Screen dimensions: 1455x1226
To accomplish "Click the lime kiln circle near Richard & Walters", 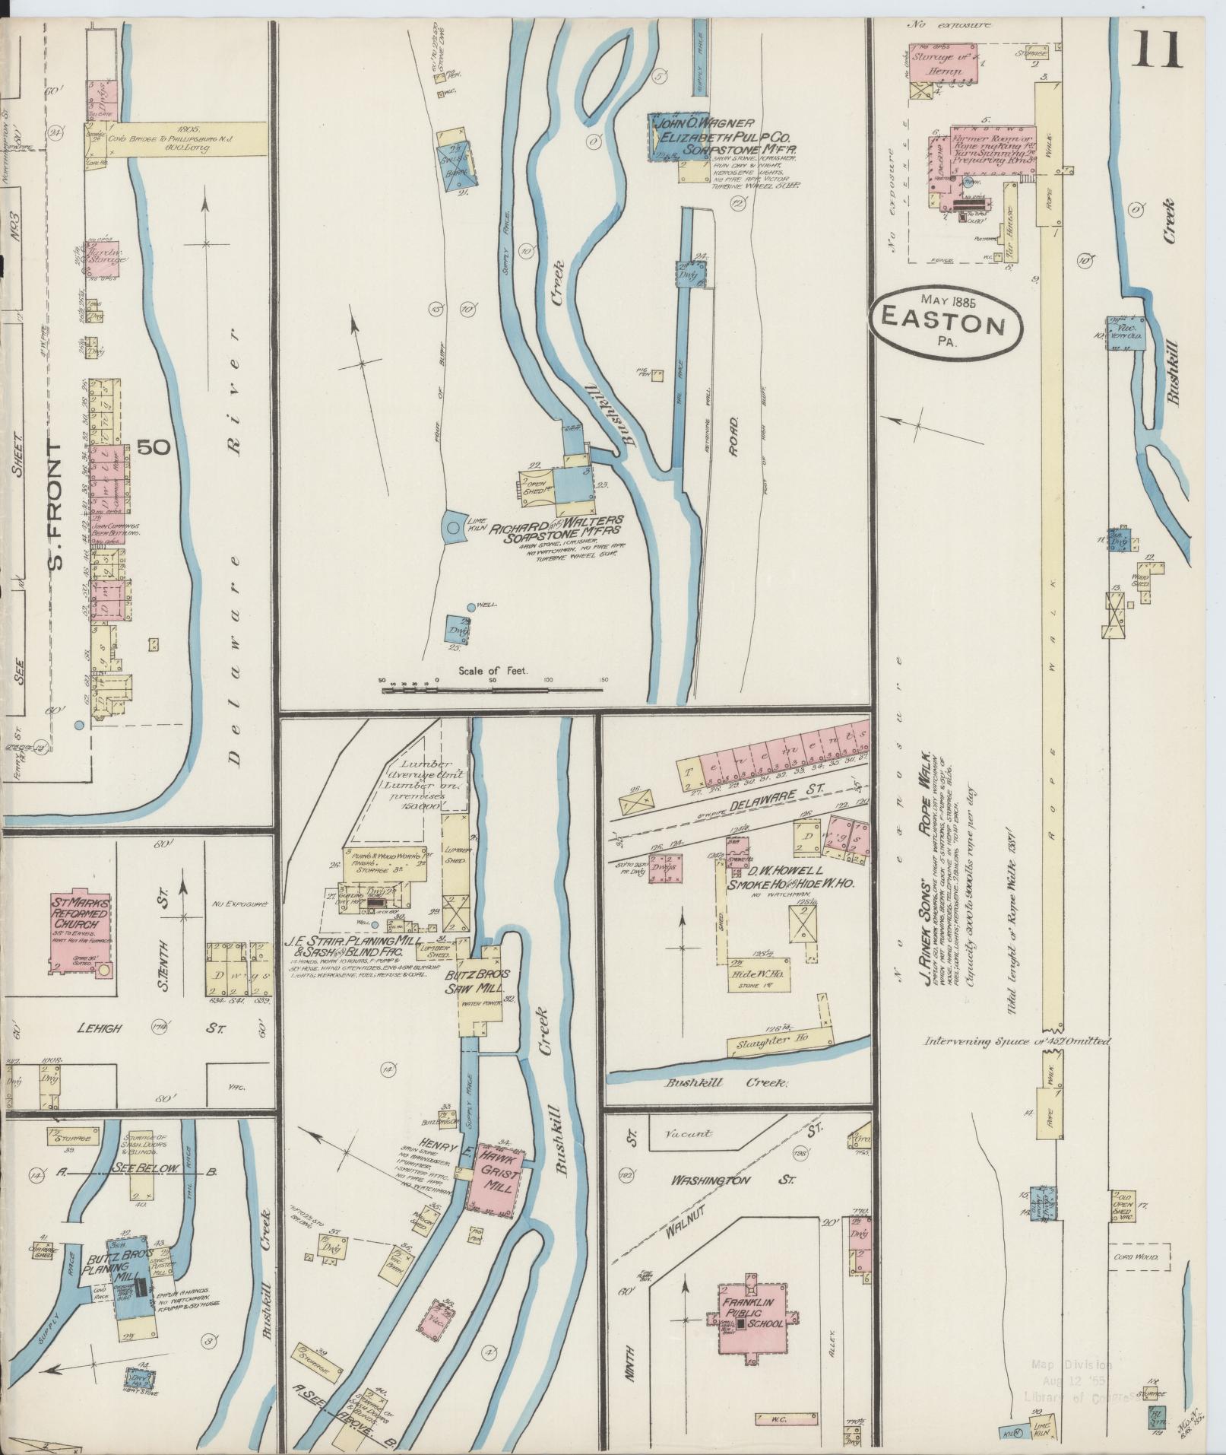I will (452, 527).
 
